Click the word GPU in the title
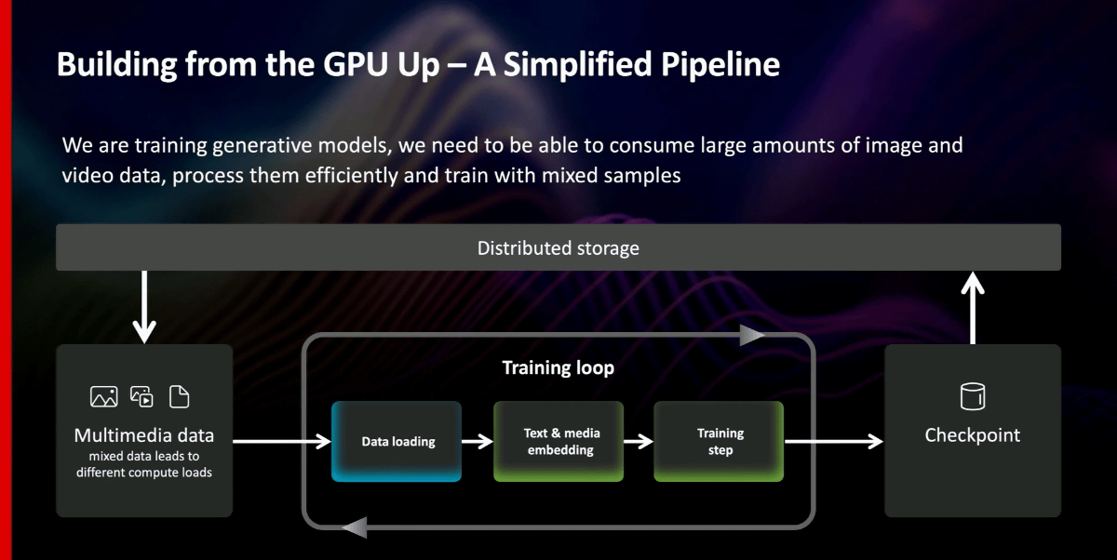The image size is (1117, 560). (x=355, y=64)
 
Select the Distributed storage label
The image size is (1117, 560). (x=558, y=248)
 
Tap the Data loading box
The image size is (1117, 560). (x=397, y=442)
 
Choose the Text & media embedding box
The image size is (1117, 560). (x=558, y=442)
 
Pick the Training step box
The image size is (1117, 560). (x=719, y=442)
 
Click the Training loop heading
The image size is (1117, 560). (x=558, y=367)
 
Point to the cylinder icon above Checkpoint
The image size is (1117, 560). (x=973, y=396)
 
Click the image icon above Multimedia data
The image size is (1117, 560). (x=104, y=397)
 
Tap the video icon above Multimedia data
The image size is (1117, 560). (x=141, y=397)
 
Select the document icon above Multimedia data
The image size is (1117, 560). (x=179, y=397)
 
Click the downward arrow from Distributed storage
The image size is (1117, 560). (x=144, y=307)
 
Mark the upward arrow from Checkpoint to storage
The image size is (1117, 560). (x=973, y=307)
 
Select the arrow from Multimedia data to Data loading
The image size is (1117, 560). (x=282, y=442)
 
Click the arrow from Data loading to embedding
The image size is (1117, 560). (x=478, y=442)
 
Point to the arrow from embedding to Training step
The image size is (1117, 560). (x=639, y=442)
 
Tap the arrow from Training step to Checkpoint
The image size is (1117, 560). (x=834, y=442)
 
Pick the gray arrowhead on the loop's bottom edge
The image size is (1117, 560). (x=355, y=527)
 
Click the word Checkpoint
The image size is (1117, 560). (x=973, y=435)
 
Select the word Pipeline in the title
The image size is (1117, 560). (x=720, y=64)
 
